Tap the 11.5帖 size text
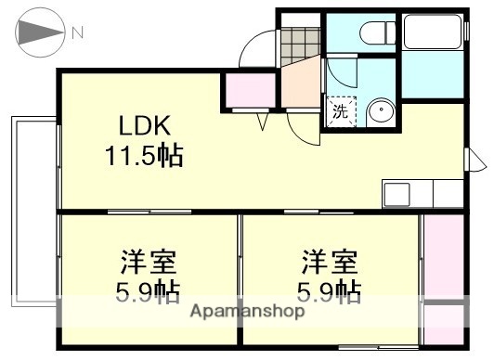click(143, 153)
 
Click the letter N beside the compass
click(78, 33)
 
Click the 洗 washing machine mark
click(340, 112)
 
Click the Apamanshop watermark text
click(248, 313)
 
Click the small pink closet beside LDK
click(243, 90)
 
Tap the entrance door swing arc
click(255, 46)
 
